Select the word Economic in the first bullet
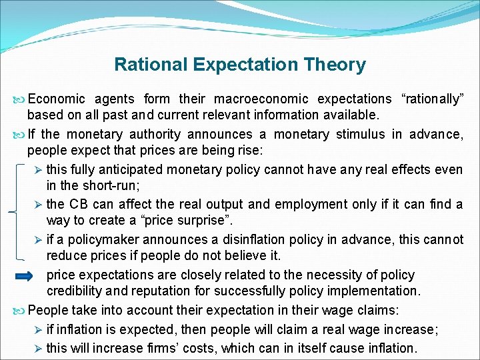pos(57,99)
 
